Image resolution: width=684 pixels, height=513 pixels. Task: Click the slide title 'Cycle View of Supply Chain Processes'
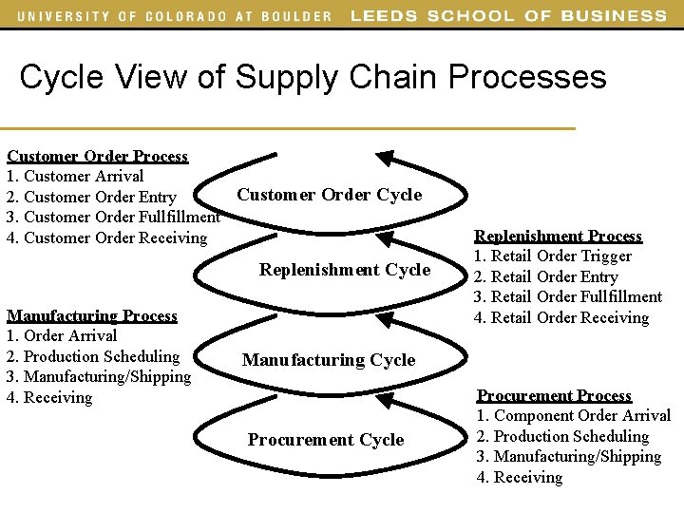pyautogui.click(x=313, y=77)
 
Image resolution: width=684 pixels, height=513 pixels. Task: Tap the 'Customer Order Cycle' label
pyautogui.click(x=329, y=195)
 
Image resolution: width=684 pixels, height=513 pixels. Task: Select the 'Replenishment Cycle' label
pyautogui.click(x=345, y=270)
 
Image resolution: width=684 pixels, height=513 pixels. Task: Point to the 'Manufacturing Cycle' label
pyautogui.click(x=329, y=360)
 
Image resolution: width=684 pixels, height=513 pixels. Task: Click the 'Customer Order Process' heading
pyautogui.click(x=97, y=156)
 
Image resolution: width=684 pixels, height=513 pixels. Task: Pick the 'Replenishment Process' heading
pyautogui.click(x=558, y=236)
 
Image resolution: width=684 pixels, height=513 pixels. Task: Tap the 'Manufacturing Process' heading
pyautogui.click(x=92, y=315)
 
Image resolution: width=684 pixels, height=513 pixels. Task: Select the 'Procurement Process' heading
pyautogui.click(x=554, y=395)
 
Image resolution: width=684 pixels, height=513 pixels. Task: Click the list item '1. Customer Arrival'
pyautogui.click(x=75, y=176)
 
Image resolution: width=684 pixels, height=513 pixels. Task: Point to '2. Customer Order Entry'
pyautogui.click(x=91, y=197)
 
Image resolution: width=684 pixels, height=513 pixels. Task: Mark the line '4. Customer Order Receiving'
pyautogui.click(x=106, y=237)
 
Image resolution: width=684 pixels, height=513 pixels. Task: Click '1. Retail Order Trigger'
pyautogui.click(x=554, y=256)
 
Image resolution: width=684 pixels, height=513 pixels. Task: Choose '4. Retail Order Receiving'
pyautogui.click(x=561, y=317)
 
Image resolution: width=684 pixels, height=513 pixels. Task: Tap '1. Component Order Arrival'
pyautogui.click(x=574, y=416)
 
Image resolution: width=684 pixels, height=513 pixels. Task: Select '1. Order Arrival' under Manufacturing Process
pyautogui.click(x=62, y=335)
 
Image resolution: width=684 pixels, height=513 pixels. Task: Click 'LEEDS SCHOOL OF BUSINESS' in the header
pyautogui.click(x=508, y=15)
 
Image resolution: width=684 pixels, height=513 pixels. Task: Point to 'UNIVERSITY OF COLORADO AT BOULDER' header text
pyautogui.click(x=175, y=15)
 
